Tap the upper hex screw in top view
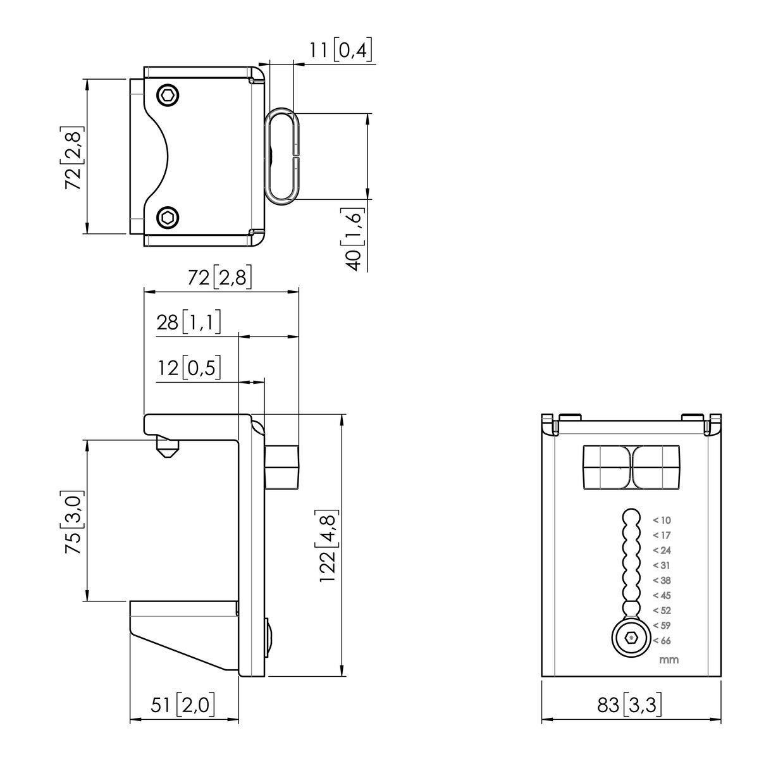[168, 96]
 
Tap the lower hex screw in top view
[168, 217]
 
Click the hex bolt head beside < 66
[631, 638]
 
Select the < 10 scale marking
[662, 520]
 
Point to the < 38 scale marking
[662, 580]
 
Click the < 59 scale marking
[662, 625]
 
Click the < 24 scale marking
[662, 550]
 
